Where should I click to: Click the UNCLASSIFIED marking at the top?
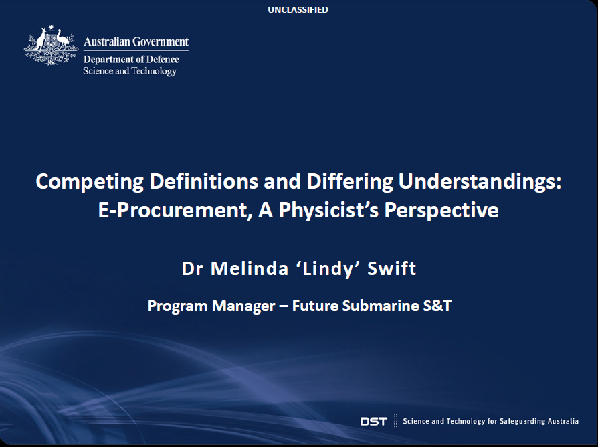tap(298, 9)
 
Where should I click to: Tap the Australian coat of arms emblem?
tap(51, 45)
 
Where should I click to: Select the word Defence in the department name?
tap(163, 59)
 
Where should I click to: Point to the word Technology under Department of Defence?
tap(154, 72)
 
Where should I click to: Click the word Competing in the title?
tap(90, 181)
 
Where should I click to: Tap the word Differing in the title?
tap(350, 181)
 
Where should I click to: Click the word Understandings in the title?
tap(480, 181)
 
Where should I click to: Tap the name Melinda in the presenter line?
tap(250, 268)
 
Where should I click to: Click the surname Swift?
tap(392, 268)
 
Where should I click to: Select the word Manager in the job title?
tap(243, 306)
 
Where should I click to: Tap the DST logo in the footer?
tap(374, 421)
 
